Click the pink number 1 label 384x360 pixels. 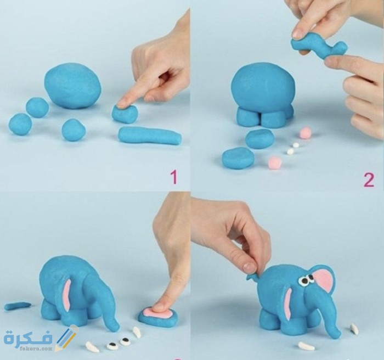pos(174,177)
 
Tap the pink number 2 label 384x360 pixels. pos(369,180)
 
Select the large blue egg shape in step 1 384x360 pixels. pos(72,86)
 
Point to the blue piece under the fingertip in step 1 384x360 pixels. pos(125,114)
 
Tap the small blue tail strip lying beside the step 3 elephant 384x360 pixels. pos(18,306)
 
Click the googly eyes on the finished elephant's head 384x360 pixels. pos(306,280)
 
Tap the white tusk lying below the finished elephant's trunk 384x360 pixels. pos(306,346)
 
